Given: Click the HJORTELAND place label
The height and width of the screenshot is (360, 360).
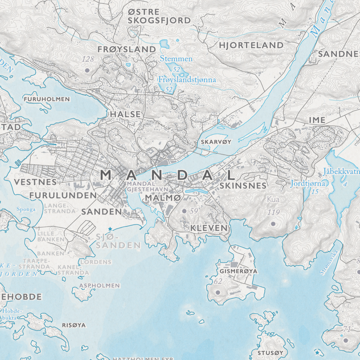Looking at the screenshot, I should click(251, 45).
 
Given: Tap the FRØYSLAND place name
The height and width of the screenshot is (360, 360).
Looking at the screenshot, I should click(127, 49).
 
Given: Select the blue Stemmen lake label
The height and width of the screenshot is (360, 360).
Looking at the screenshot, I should click(176, 59).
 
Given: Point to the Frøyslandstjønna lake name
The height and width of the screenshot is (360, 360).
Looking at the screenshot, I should click(187, 80).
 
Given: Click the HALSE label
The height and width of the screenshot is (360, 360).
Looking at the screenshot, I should click(126, 114).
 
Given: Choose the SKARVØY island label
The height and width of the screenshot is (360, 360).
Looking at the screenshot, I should click(216, 142).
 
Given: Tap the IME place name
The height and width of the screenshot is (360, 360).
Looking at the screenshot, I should click(317, 120).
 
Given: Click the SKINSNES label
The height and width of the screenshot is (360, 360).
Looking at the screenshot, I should click(243, 186).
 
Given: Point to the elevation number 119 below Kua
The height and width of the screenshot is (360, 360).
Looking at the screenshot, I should click(273, 213).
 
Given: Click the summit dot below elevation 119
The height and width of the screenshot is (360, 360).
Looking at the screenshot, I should click(273, 224).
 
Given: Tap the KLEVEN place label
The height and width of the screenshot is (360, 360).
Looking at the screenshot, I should click(209, 228).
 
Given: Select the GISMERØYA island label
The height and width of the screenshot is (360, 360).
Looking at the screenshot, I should click(238, 271).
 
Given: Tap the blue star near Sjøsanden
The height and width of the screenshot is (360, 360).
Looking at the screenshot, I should click(110, 229).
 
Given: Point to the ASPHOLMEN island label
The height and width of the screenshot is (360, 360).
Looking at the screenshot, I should click(99, 285).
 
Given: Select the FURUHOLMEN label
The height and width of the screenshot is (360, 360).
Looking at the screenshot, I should click(47, 99).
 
